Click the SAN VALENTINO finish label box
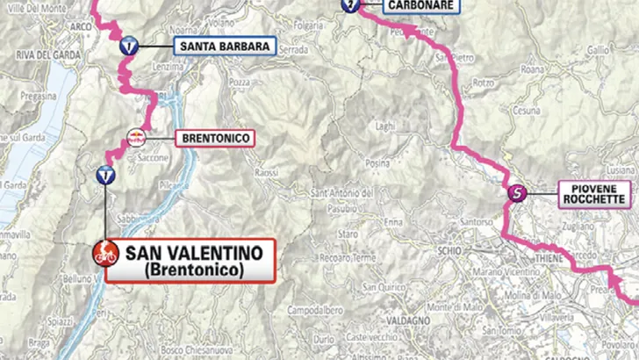tap(190, 261)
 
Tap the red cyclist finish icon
tap(105, 255)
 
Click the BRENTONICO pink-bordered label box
tap(214, 138)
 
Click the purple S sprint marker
tap(518, 192)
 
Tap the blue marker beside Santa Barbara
tap(129, 47)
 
